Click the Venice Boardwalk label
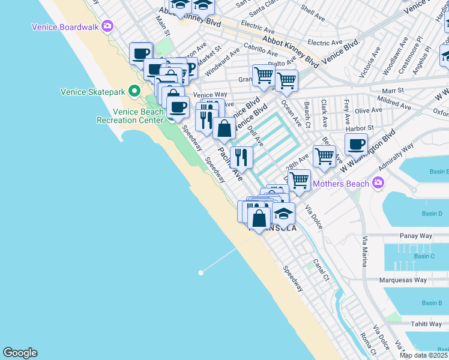(65, 26)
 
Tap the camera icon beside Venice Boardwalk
(107, 26)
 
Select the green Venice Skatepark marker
(134, 92)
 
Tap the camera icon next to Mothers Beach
(378, 182)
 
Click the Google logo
(20, 353)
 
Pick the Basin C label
(424, 256)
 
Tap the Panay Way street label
(414, 236)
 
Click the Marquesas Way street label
(403, 280)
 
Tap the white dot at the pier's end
(200, 272)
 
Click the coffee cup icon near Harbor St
(356, 145)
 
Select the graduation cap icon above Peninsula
(283, 212)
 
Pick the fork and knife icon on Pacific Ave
(241, 157)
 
